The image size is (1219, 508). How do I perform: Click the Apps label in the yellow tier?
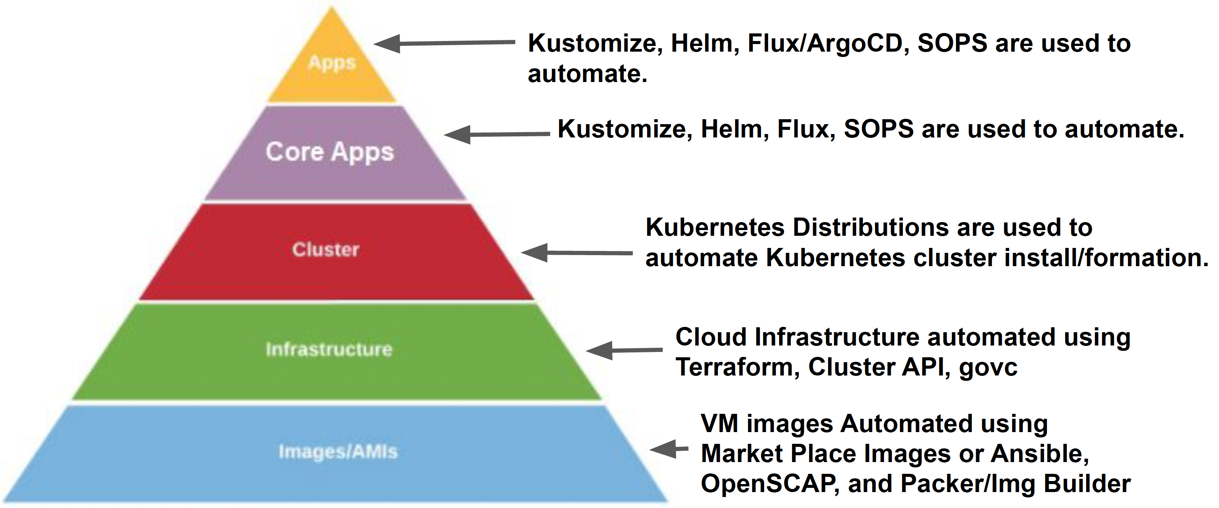pyautogui.click(x=331, y=63)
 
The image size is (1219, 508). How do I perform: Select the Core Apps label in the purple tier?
pyautogui.click(x=330, y=152)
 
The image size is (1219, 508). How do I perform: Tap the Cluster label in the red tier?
pyautogui.click(x=326, y=249)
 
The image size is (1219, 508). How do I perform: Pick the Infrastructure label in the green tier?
pyautogui.click(x=329, y=349)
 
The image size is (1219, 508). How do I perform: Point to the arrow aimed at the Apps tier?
pyautogui.click(x=444, y=43)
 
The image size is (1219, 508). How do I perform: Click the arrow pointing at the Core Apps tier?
pyautogui.click(x=497, y=134)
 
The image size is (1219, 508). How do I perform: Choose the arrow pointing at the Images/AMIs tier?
pyautogui.click(x=669, y=449)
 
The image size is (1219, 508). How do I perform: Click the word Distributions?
pyautogui.click(x=870, y=227)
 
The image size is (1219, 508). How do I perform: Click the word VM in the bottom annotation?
pyautogui.click(x=719, y=423)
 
